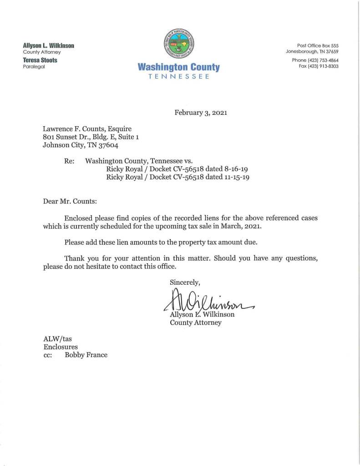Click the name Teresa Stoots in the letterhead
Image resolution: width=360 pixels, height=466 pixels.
(x=40, y=60)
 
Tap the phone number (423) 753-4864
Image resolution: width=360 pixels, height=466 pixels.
(x=323, y=60)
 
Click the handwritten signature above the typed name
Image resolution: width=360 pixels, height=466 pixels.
(x=207, y=301)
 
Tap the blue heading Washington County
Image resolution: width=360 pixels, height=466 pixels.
(x=178, y=68)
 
